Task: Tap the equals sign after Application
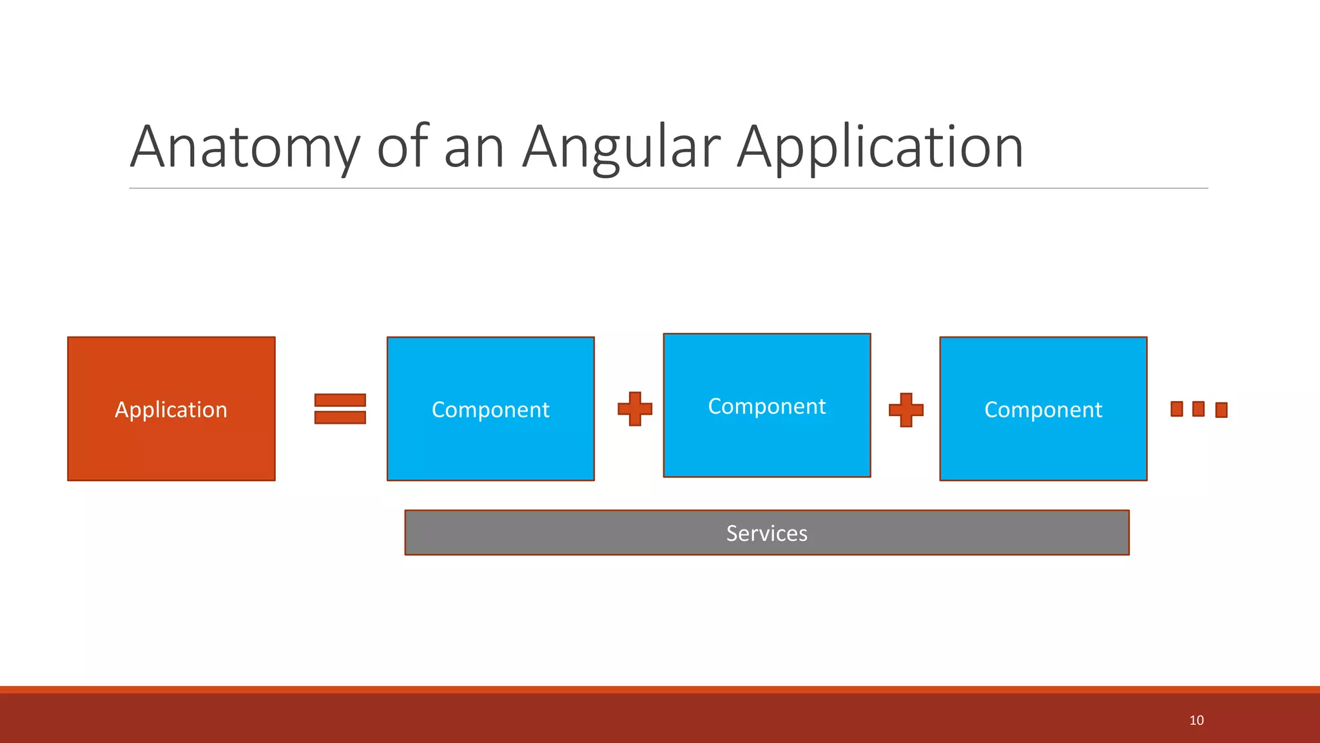point(340,409)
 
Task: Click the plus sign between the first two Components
point(635,409)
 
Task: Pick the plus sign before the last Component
point(906,410)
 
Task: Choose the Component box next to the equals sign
point(490,445)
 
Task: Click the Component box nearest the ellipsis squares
point(1043,445)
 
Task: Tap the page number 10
point(1196,720)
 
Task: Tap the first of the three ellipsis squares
point(1177,409)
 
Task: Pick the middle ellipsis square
point(1198,409)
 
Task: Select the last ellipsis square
point(1221,410)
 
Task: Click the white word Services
point(766,533)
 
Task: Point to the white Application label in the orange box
point(171,410)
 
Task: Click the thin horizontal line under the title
point(668,188)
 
